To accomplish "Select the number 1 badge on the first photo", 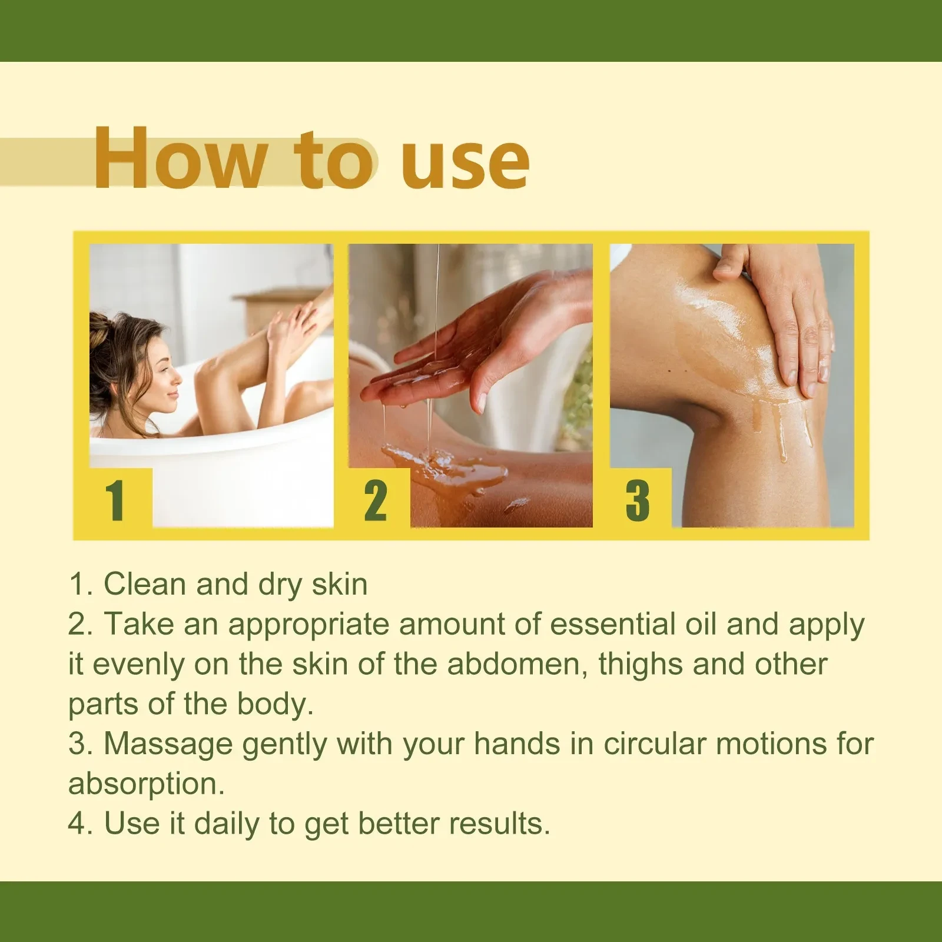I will point(115,500).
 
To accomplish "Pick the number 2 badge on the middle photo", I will point(376,500).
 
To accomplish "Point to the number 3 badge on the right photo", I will point(638,500).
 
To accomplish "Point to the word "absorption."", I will point(147,784).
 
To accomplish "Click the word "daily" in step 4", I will point(227,824).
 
